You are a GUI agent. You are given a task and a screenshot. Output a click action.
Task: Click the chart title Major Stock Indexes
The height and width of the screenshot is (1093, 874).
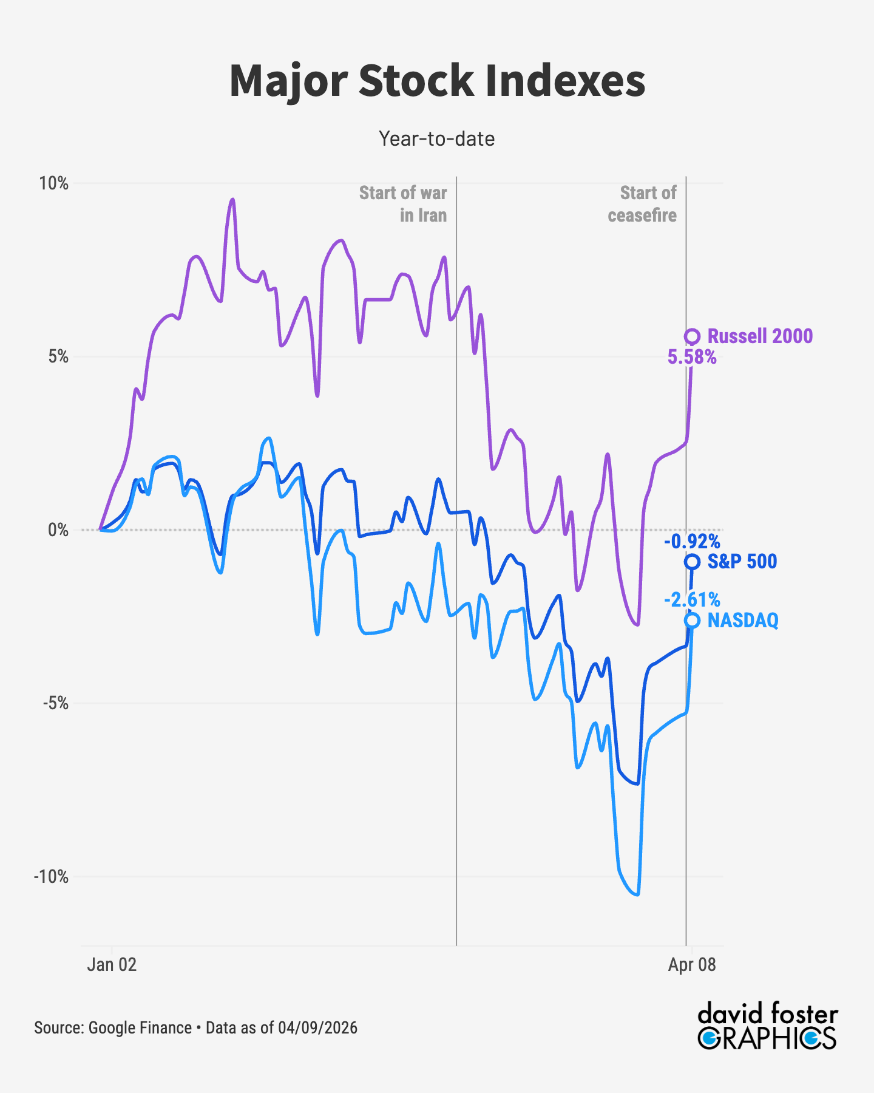[x=437, y=81]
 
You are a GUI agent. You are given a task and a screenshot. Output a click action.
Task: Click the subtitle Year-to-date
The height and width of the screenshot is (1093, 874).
[x=437, y=139]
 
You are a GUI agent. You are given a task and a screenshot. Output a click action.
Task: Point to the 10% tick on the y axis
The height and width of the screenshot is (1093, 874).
[x=53, y=183]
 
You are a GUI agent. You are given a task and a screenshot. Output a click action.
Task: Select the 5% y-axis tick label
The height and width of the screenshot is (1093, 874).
[x=58, y=356]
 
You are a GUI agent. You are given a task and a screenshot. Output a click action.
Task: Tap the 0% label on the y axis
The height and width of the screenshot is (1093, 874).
[x=58, y=530]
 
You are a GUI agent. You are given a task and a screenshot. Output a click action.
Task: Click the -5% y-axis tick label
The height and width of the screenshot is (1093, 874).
[x=56, y=703]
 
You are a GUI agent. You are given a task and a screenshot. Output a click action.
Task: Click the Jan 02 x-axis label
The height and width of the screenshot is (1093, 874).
[x=112, y=965]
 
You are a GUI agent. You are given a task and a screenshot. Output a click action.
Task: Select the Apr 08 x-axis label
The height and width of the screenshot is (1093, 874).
[x=692, y=965]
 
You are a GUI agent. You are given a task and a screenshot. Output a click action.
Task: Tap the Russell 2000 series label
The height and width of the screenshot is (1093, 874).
[x=760, y=336]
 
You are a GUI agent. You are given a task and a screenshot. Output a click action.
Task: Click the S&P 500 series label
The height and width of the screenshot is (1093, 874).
[x=742, y=562]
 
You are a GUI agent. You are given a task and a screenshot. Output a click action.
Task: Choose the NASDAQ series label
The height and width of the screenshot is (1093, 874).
[x=743, y=621]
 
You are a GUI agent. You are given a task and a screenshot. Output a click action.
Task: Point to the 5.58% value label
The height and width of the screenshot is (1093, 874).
[x=692, y=358]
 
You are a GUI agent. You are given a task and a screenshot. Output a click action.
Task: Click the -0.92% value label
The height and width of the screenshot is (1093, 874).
[x=692, y=541]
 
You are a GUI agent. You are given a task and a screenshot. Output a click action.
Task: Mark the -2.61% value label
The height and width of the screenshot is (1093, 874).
[x=692, y=601]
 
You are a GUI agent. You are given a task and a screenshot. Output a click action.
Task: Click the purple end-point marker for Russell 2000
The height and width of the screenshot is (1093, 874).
[x=692, y=336]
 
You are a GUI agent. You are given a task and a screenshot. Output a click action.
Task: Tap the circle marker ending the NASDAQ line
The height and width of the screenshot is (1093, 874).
[x=692, y=620]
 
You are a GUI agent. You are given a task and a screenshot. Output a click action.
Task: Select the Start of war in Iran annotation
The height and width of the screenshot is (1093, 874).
[x=403, y=204]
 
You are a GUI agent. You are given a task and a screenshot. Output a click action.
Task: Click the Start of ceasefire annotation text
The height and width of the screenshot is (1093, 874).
[x=643, y=204]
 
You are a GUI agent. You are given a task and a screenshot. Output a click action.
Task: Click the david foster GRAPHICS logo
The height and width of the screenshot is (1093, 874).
[x=767, y=1027]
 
